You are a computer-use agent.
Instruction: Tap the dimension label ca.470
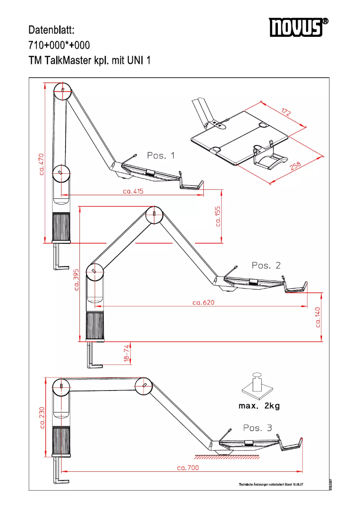point(41,164)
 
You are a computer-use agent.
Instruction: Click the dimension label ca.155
point(218,216)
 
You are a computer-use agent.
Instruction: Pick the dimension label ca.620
point(203,303)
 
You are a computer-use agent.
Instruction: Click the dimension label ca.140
point(318,317)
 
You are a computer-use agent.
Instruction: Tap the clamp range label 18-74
point(127,354)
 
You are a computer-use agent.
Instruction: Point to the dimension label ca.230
point(42,418)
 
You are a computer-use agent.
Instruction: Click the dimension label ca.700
point(188,468)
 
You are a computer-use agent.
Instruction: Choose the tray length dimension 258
point(295,166)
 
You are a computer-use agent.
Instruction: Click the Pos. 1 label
point(161,156)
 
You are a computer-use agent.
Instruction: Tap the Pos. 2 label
point(266,265)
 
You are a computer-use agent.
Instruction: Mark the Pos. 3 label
point(257,428)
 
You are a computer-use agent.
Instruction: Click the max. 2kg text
point(259,406)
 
